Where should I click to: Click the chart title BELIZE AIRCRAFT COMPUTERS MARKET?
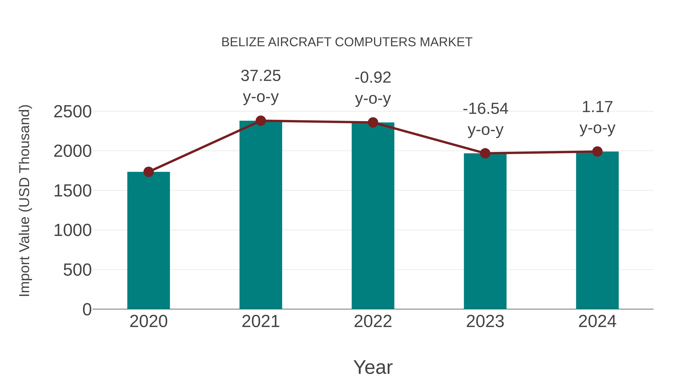[347, 42]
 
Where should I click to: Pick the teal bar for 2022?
[373, 216]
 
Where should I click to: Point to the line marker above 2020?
[148, 172]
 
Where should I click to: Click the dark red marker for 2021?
[260, 121]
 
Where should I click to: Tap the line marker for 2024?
[597, 152]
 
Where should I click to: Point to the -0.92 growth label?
[373, 78]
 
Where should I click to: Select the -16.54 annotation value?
[485, 109]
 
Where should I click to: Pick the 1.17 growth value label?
[597, 107]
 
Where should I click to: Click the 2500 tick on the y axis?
[72, 112]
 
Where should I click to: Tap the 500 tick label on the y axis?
[77, 270]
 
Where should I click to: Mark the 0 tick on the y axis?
[87, 309]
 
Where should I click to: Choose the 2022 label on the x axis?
[373, 321]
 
